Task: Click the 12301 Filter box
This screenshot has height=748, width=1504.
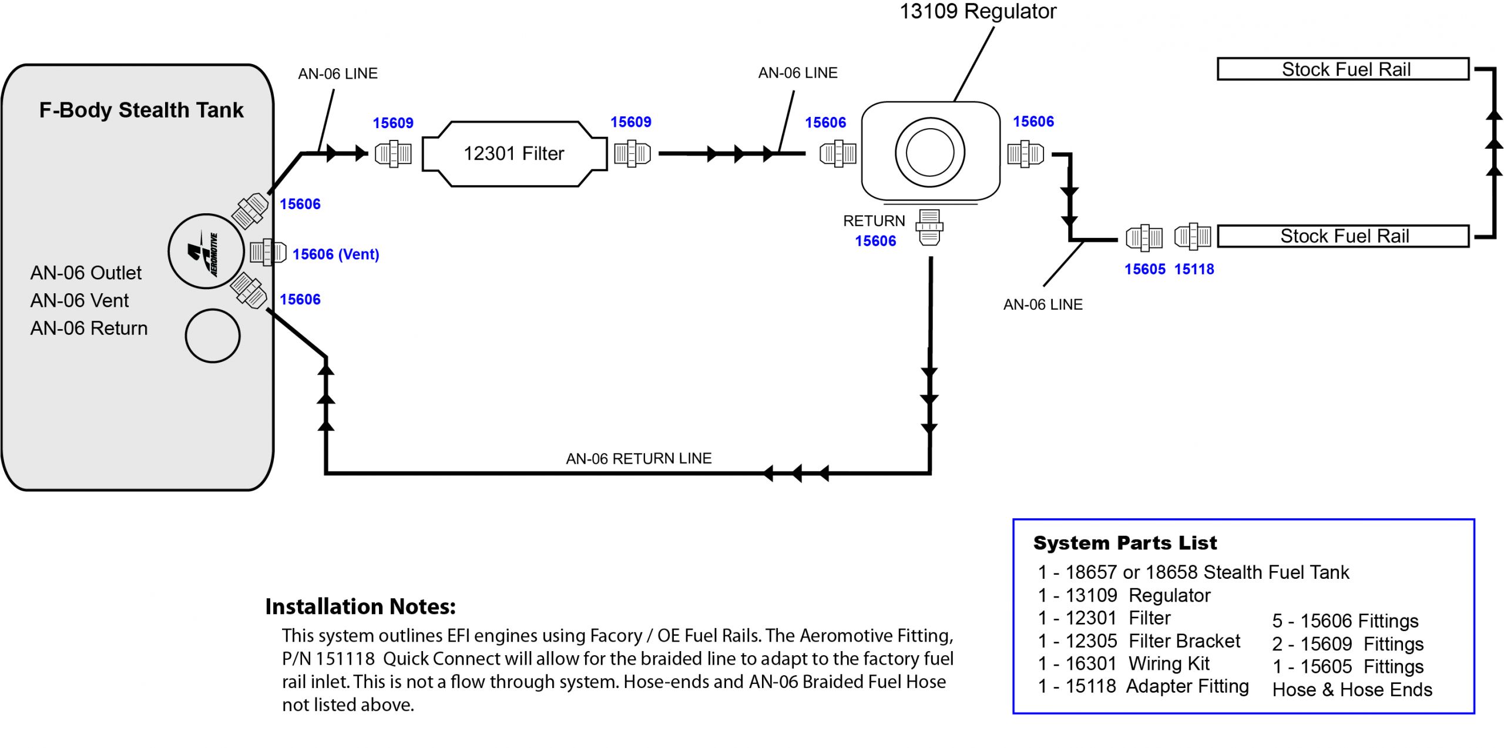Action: click(x=514, y=154)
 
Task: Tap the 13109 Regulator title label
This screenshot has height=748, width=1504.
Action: click(x=978, y=11)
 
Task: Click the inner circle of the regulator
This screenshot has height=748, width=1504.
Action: click(x=929, y=153)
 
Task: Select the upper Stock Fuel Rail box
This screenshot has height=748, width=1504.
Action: click(x=1343, y=69)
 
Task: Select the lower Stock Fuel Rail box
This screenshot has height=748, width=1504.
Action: click(x=1343, y=236)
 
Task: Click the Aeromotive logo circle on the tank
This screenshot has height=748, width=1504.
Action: click(x=206, y=251)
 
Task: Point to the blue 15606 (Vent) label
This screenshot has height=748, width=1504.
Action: click(x=335, y=254)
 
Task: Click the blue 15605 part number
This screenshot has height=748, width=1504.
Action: click(x=1144, y=269)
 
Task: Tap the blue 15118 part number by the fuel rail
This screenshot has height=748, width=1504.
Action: click(x=1194, y=269)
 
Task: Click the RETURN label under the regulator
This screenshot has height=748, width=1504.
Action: click(x=874, y=221)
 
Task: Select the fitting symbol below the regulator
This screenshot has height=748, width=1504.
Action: click(x=929, y=228)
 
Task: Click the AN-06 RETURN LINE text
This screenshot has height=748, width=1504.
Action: click(x=639, y=458)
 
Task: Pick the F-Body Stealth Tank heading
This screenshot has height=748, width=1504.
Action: click(x=141, y=110)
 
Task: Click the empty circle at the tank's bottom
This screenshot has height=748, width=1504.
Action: click(x=213, y=336)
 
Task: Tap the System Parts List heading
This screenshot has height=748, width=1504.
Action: click(x=1124, y=543)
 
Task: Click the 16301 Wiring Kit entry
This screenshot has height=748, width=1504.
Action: click(x=1123, y=663)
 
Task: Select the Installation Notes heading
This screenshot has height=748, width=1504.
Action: click(x=360, y=606)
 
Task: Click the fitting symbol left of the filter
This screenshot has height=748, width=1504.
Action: click(x=393, y=154)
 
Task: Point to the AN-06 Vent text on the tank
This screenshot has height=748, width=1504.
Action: click(x=79, y=300)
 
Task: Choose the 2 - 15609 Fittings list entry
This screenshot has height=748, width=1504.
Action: click(x=1348, y=644)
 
